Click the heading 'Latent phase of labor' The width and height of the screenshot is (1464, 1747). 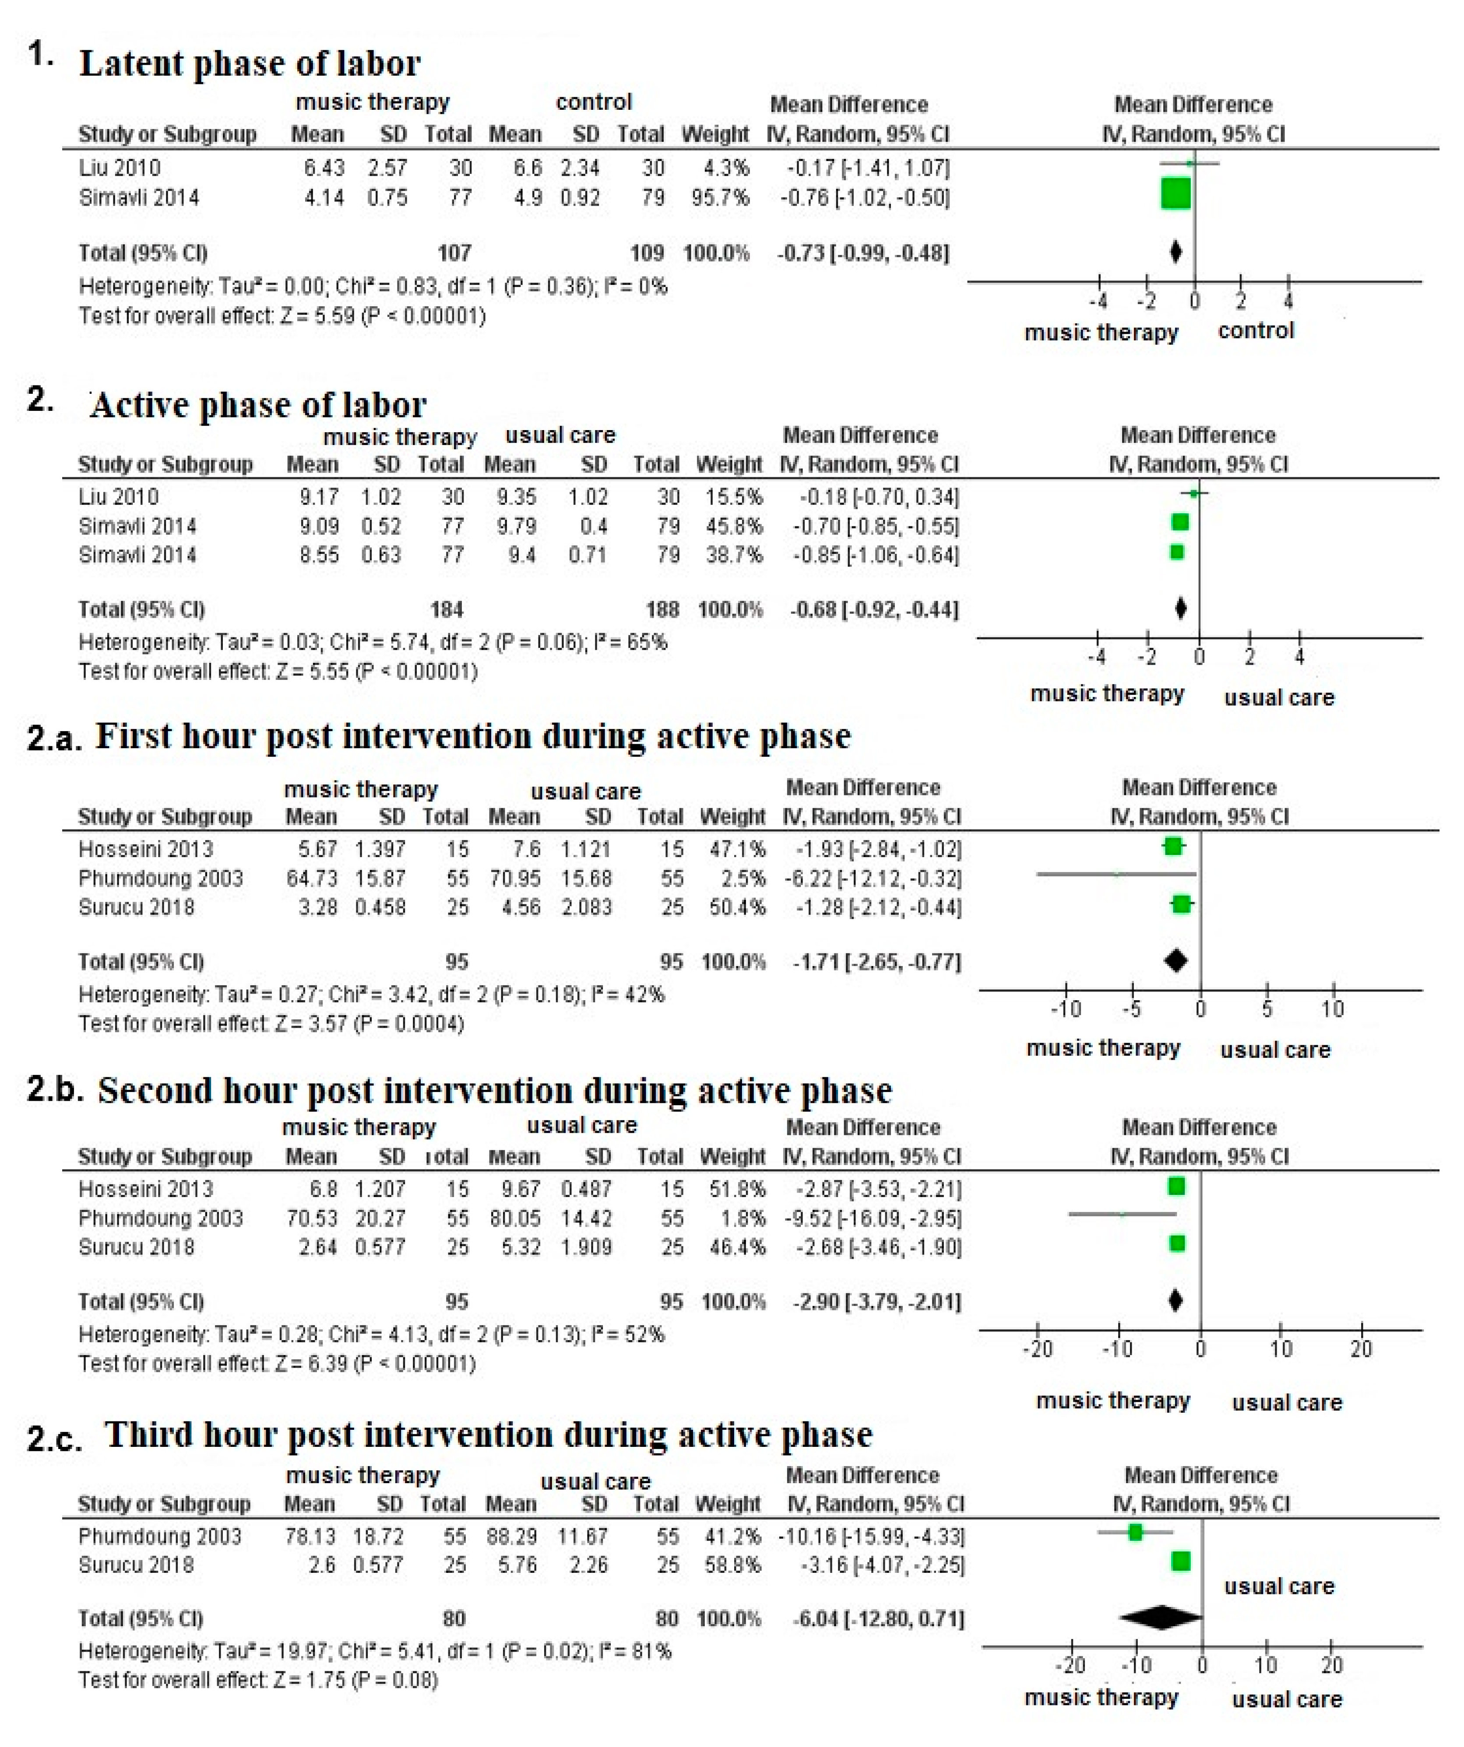(250, 64)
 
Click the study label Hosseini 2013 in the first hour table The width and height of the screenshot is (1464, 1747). (146, 849)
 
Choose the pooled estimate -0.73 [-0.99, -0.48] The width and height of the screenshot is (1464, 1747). (863, 253)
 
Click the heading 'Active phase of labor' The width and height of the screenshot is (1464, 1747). (258, 405)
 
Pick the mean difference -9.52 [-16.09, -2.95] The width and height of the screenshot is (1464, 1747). (873, 1219)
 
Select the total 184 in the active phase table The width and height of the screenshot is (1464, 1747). (447, 610)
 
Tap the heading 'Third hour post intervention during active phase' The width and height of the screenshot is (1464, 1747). (489, 1435)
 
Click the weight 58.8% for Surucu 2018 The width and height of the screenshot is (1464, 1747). (732, 1565)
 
